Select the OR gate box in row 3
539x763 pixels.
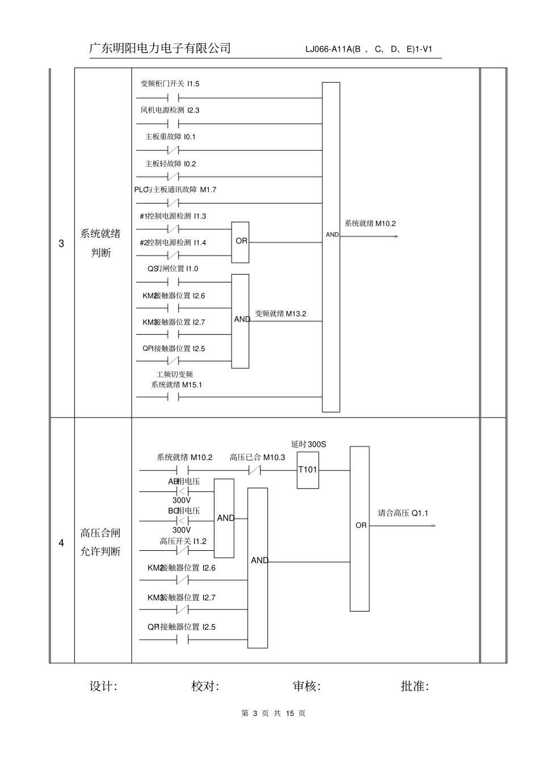pyautogui.click(x=241, y=242)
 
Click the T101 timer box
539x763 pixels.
pyautogui.click(x=308, y=470)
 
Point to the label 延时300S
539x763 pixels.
pyautogui.click(x=309, y=444)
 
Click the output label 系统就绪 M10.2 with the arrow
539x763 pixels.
pyautogui.click(x=370, y=224)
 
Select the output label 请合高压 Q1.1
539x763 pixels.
pyautogui.click(x=403, y=513)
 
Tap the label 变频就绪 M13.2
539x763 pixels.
pyautogui.click(x=280, y=313)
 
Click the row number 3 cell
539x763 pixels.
pyautogui.click(x=62, y=244)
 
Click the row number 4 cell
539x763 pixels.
pyautogui.click(x=62, y=542)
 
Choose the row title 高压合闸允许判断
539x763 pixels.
pyautogui.click(x=100, y=542)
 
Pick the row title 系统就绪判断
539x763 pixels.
pyautogui.click(x=100, y=243)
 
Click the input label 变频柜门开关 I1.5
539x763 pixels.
pyautogui.click(x=170, y=84)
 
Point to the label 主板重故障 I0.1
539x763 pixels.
pyautogui.click(x=170, y=137)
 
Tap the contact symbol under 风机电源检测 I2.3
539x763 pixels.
pyautogui.click(x=174, y=124)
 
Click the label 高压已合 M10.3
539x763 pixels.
pyautogui.click(x=257, y=457)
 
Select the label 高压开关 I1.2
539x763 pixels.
pyautogui.click(x=183, y=541)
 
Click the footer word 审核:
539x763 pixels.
pyautogui.click(x=307, y=686)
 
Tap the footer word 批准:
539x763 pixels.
pyautogui.click(x=415, y=686)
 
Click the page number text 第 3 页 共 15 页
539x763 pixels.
pyautogui.click(x=273, y=714)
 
